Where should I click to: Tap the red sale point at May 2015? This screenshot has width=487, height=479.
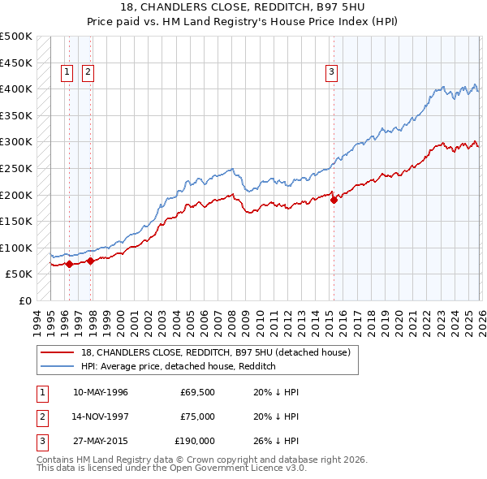[x=334, y=200]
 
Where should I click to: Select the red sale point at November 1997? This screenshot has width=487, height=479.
[x=91, y=261]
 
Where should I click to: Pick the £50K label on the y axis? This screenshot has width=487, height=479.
[x=19, y=274]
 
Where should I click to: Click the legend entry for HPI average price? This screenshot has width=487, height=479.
[x=179, y=367]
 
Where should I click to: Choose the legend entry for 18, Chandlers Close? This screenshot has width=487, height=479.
[x=215, y=352]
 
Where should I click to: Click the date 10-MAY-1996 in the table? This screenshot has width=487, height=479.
[x=101, y=392]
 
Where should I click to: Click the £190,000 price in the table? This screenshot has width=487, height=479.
[x=195, y=441]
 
